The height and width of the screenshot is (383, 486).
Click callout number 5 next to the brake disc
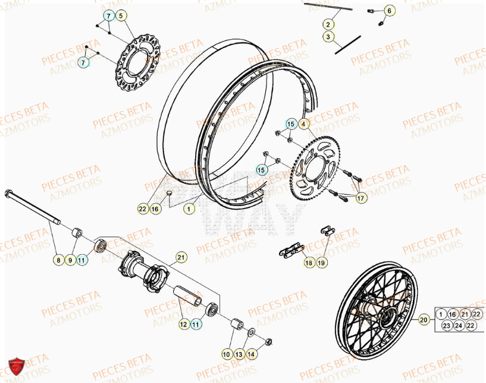[x=121, y=15]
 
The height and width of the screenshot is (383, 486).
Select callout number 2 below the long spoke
[x=328, y=24]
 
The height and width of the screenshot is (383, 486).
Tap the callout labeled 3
[x=328, y=37]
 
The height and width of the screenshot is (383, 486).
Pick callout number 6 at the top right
[x=389, y=11]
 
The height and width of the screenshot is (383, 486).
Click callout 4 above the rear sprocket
[x=303, y=124]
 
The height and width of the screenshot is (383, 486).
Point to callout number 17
[x=361, y=199]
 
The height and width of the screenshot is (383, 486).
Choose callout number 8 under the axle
[x=58, y=259]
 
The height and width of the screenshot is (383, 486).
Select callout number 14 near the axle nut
[x=252, y=354]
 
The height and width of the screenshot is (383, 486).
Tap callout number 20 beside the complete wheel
[x=424, y=319]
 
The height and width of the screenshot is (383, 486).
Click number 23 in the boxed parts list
[x=446, y=325]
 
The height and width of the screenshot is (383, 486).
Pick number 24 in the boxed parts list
[x=459, y=325]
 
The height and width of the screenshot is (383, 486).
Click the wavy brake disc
[x=138, y=63]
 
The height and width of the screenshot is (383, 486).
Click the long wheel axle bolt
[x=33, y=207]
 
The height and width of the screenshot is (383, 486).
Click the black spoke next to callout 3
[x=347, y=45]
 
